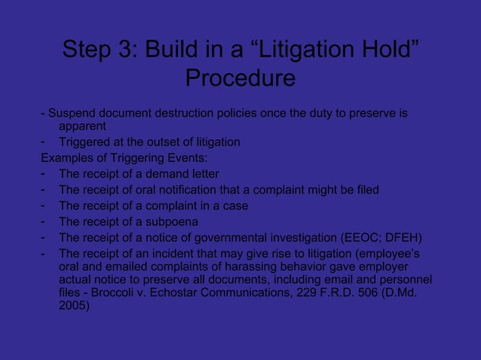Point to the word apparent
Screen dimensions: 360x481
coord(82,127)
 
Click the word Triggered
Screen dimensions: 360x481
coord(88,142)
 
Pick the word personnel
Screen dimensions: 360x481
coord(403,281)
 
